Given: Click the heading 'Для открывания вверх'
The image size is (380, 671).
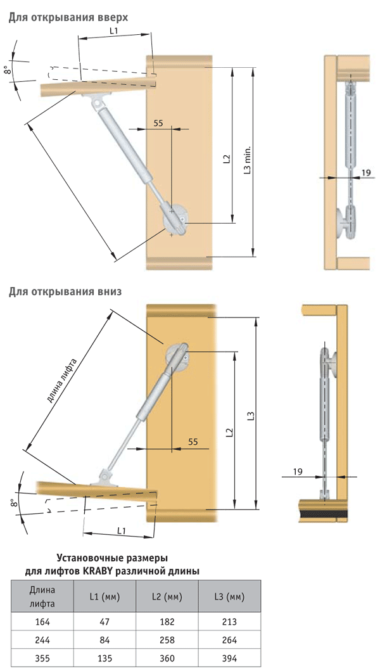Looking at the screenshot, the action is (68, 18).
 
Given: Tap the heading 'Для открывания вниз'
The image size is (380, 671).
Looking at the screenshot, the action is (65, 292).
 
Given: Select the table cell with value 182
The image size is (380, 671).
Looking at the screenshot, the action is (167, 622).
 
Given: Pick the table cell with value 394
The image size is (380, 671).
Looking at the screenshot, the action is (229, 658).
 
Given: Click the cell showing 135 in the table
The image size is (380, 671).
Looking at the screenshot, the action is (104, 658).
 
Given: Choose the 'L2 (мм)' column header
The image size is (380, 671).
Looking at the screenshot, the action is (167, 596).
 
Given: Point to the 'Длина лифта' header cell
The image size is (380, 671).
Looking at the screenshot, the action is (42, 596).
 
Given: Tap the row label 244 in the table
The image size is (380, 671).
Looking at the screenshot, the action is (42, 640).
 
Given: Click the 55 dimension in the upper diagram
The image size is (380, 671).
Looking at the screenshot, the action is (158, 124).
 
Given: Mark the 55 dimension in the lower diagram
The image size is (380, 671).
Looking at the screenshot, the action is (193, 441).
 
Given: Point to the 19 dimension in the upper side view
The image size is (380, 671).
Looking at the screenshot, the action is (366, 173).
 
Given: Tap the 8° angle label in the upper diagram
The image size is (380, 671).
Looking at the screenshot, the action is (7, 70).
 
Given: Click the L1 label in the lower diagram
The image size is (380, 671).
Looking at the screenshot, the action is (122, 530).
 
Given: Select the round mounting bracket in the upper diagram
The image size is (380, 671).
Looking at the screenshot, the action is (175, 220).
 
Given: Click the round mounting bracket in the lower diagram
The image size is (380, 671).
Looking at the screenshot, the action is (177, 355).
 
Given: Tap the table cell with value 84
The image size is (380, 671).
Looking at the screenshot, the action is (104, 640).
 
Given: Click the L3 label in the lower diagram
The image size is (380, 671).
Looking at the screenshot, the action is (251, 415).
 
